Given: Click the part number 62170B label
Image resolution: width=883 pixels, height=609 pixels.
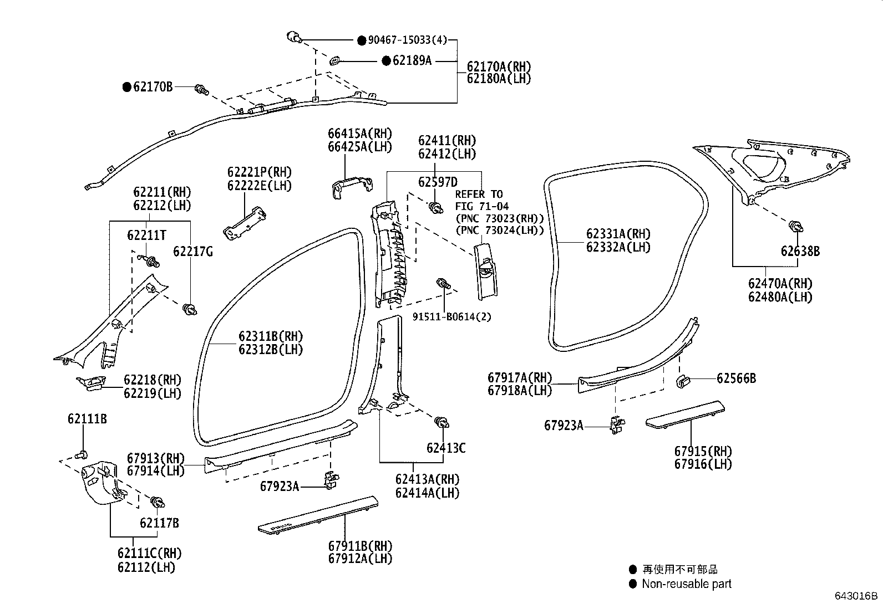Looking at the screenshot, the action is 153,86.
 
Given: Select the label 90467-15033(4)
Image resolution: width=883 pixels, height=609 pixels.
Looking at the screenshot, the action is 408,40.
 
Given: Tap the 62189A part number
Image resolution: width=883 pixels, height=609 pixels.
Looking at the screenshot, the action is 412,60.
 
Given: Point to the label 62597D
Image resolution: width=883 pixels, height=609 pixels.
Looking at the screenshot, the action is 438,182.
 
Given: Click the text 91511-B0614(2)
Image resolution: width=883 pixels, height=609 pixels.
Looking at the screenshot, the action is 451,317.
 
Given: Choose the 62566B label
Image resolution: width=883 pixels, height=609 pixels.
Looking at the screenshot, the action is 736,378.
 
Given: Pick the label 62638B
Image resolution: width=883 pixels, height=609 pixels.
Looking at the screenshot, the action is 800,251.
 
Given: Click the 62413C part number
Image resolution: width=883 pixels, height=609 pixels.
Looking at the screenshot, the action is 446,448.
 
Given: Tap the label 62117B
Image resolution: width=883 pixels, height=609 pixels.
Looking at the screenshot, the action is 159,523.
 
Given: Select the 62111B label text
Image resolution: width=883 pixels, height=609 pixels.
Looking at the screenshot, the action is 87,419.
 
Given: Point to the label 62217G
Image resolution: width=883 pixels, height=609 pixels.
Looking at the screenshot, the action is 193,252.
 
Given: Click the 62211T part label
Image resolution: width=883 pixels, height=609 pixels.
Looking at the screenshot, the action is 146,235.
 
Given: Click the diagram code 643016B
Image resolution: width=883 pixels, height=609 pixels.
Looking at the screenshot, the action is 856,596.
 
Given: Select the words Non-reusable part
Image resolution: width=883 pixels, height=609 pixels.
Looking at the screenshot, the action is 686,584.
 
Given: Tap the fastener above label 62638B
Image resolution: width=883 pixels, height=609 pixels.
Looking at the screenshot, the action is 796,227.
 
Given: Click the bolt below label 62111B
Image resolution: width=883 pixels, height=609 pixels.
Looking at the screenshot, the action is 82,454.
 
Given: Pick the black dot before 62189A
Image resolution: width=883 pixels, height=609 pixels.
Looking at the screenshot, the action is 386,60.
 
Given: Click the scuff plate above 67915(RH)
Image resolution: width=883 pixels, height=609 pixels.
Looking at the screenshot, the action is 685,415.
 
